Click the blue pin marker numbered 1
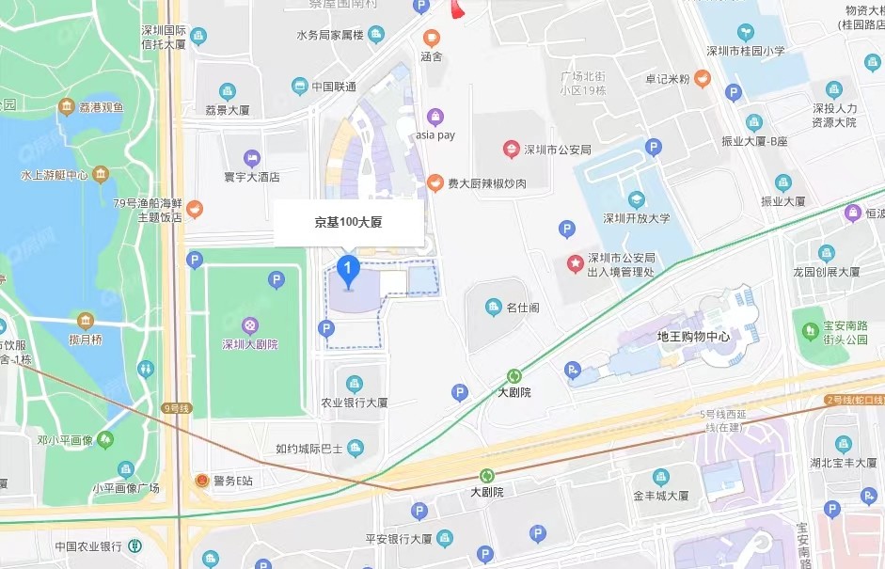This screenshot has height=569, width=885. (349, 271)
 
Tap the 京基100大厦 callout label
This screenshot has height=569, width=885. (347, 224)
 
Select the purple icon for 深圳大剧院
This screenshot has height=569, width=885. (250, 324)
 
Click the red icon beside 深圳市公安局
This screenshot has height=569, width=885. (511, 149)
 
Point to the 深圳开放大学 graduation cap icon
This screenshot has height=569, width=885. (637, 199)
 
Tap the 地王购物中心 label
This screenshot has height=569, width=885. (693, 336)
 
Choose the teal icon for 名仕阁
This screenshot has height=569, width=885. (493, 307)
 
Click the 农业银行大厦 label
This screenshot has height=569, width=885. (355, 402)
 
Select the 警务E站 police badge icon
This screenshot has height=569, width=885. (198, 481)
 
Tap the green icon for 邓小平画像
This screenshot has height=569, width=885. (105, 439)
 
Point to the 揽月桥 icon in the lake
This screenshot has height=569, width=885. (86, 321)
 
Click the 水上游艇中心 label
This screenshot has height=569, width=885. (55, 175)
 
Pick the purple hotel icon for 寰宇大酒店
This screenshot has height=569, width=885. (251, 158)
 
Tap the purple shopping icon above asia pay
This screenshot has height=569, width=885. (435, 117)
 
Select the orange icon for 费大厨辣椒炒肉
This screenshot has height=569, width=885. (435, 183)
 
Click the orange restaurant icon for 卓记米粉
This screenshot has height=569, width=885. (703, 79)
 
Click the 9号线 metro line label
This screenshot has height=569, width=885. (176, 408)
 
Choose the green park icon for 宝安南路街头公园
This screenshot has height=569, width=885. (809, 330)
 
